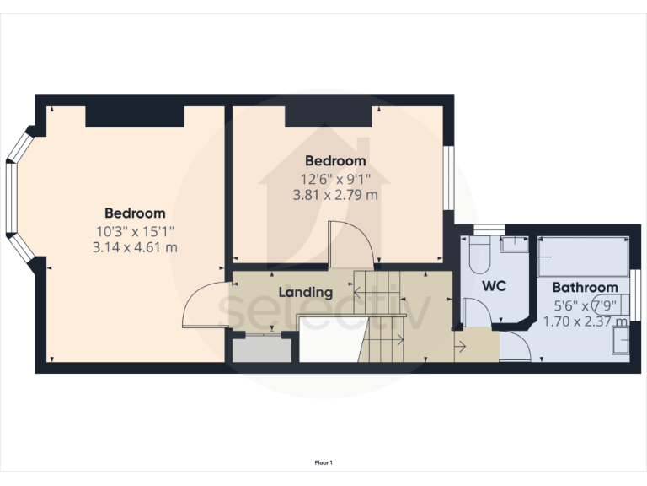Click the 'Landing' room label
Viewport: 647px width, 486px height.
click(x=306, y=293)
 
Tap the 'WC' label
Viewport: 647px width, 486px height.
click(x=494, y=286)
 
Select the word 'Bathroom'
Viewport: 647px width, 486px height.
click(x=586, y=289)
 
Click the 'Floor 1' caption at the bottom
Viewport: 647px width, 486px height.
click(x=323, y=462)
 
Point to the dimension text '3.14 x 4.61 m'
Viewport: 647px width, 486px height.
click(x=135, y=247)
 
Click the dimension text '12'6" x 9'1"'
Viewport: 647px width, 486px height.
click(x=335, y=179)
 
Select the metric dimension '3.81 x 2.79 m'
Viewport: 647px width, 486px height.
click(x=335, y=195)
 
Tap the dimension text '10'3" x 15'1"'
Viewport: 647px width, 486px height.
click(x=135, y=230)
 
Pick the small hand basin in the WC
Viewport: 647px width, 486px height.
click(x=514, y=244)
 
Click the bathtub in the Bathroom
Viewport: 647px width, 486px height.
click(x=584, y=256)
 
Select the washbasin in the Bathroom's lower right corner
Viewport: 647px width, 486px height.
click(x=622, y=340)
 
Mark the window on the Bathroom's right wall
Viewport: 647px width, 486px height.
click(x=638, y=295)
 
